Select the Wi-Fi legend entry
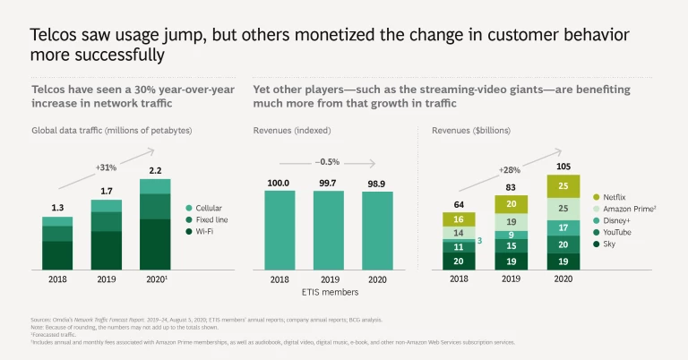[x=204, y=232]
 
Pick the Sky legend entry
[x=610, y=244]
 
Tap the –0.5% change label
[x=327, y=161]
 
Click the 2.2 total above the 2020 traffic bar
[x=154, y=170]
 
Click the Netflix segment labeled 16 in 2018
[x=458, y=219]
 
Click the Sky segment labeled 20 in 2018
[x=458, y=261]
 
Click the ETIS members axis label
[x=327, y=293]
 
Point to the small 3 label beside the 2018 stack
[x=479, y=240]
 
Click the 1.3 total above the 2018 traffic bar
[x=56, y=209]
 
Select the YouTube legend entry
[x=617, y=232]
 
